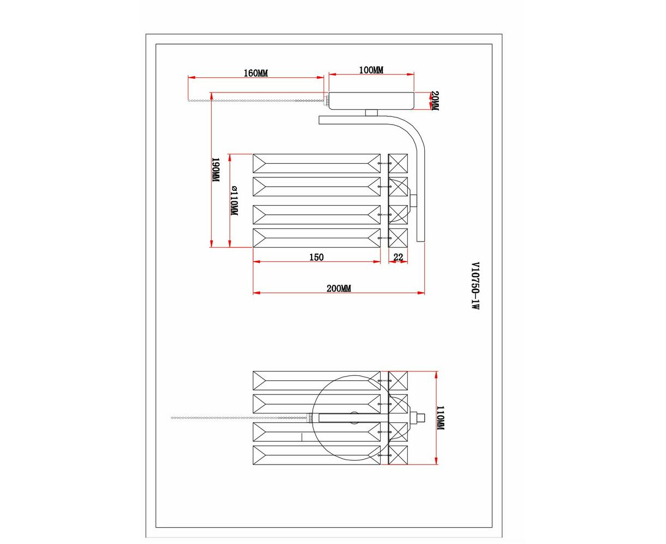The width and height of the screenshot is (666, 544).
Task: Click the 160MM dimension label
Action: pyautogui.click(x=255, y=73)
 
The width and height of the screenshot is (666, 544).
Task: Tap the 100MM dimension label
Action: pyautogui.click(x=371, y=70)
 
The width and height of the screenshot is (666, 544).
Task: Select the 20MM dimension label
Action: pyautogui.click(x=435, y=101)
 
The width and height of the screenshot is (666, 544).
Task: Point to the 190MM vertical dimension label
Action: pyautogui.click(x=215, y=170)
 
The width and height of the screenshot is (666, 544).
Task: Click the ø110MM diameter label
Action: pyautogui.click(x=234, y=201)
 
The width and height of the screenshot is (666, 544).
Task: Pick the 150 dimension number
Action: pyautogui.click(x=316, y=257)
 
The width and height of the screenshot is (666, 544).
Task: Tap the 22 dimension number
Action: pyautogui.click(x=398, y=257)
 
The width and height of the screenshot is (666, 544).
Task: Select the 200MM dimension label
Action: pyautogui.click(x=339, y=288)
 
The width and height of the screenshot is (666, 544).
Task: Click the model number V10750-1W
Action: pyautogui.click(x=475, y=286)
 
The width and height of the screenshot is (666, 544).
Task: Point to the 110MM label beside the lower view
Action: pyautogui.click(x=440, y=418)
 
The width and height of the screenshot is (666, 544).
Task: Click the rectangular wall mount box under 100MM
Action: pyautogui.click(x=371, y=101)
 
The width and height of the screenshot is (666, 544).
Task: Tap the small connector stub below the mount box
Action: pyautogui.click(x=371, y=113)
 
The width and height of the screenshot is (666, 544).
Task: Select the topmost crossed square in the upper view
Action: pyautogui.click(x=398, y=163)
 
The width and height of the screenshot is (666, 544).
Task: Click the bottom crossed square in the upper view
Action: pyautogui.click(x=398, y=238)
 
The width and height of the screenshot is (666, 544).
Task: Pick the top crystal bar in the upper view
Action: pyautogui.click(x=316, y=163)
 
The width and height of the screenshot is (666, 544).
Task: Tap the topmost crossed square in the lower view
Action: pyautogui.click(x=398, y=381)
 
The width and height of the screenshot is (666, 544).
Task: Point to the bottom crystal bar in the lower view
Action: pyautogui.click(x=316, y=455)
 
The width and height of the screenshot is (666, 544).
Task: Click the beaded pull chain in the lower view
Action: pyautogui.click(x=239, y=418)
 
